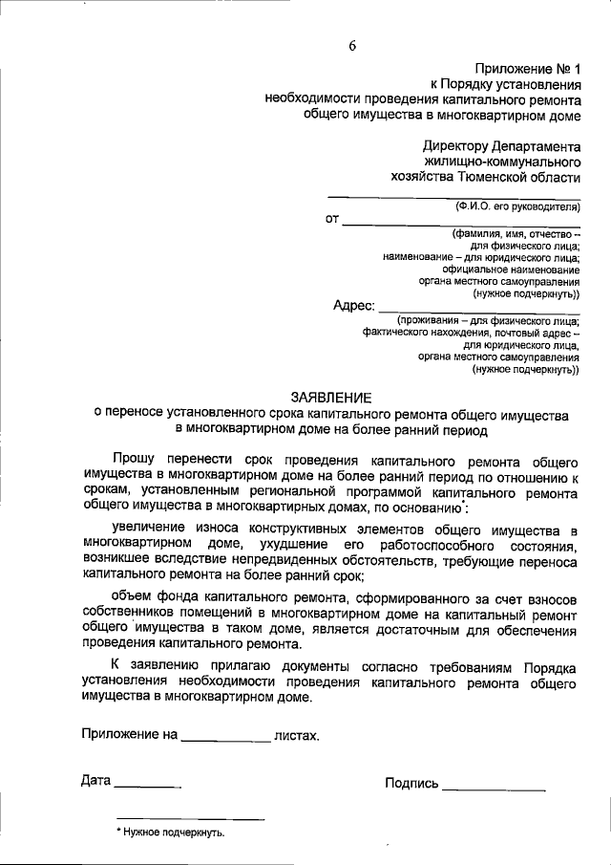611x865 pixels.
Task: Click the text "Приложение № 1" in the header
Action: coord(526,68)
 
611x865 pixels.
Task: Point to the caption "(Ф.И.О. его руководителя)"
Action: coord(516,205)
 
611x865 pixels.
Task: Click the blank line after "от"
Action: coord(461,221)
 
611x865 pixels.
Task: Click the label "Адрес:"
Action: coord(353,306)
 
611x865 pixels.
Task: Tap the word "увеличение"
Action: coord(146,530)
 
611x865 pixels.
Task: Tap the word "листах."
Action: coord(296,737)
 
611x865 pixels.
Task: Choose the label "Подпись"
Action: coord(411,784)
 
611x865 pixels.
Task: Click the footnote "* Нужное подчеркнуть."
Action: coord(170,833)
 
